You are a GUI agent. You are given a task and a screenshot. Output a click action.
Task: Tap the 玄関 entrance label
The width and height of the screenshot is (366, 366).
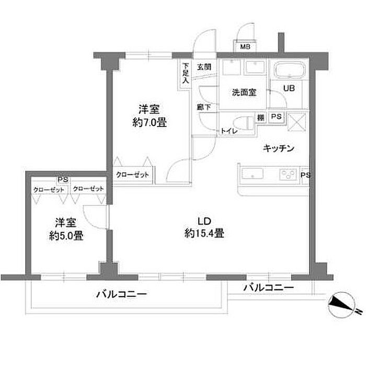point(204,66)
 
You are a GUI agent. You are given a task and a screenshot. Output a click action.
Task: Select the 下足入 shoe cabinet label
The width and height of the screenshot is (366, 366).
point(185,74)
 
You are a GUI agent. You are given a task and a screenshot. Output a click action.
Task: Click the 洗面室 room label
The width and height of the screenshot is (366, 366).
point(244,93)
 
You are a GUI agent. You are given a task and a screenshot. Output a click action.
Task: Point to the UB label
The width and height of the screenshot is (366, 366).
point(289,88)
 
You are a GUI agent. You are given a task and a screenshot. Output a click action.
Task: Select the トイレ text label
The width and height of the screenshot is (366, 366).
point(228,131)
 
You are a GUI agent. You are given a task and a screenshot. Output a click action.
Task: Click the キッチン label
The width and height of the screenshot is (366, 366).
point(279,148)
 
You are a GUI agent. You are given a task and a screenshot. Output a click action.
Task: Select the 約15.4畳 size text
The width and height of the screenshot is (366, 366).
point(204,234)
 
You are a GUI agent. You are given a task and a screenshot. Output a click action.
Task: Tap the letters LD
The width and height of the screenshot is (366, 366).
point(204,220)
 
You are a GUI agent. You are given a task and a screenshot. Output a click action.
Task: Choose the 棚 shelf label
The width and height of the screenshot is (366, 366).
point(260,117)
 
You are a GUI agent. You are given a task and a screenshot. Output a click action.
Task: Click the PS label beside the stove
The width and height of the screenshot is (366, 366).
point(306,176)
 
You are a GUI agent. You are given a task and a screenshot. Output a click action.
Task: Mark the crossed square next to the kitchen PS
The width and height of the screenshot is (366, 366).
point(297,121)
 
